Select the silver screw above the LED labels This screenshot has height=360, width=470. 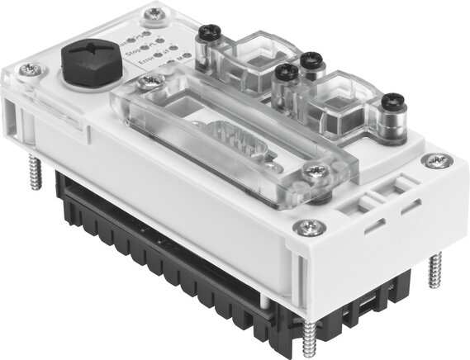coord(151,14)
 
